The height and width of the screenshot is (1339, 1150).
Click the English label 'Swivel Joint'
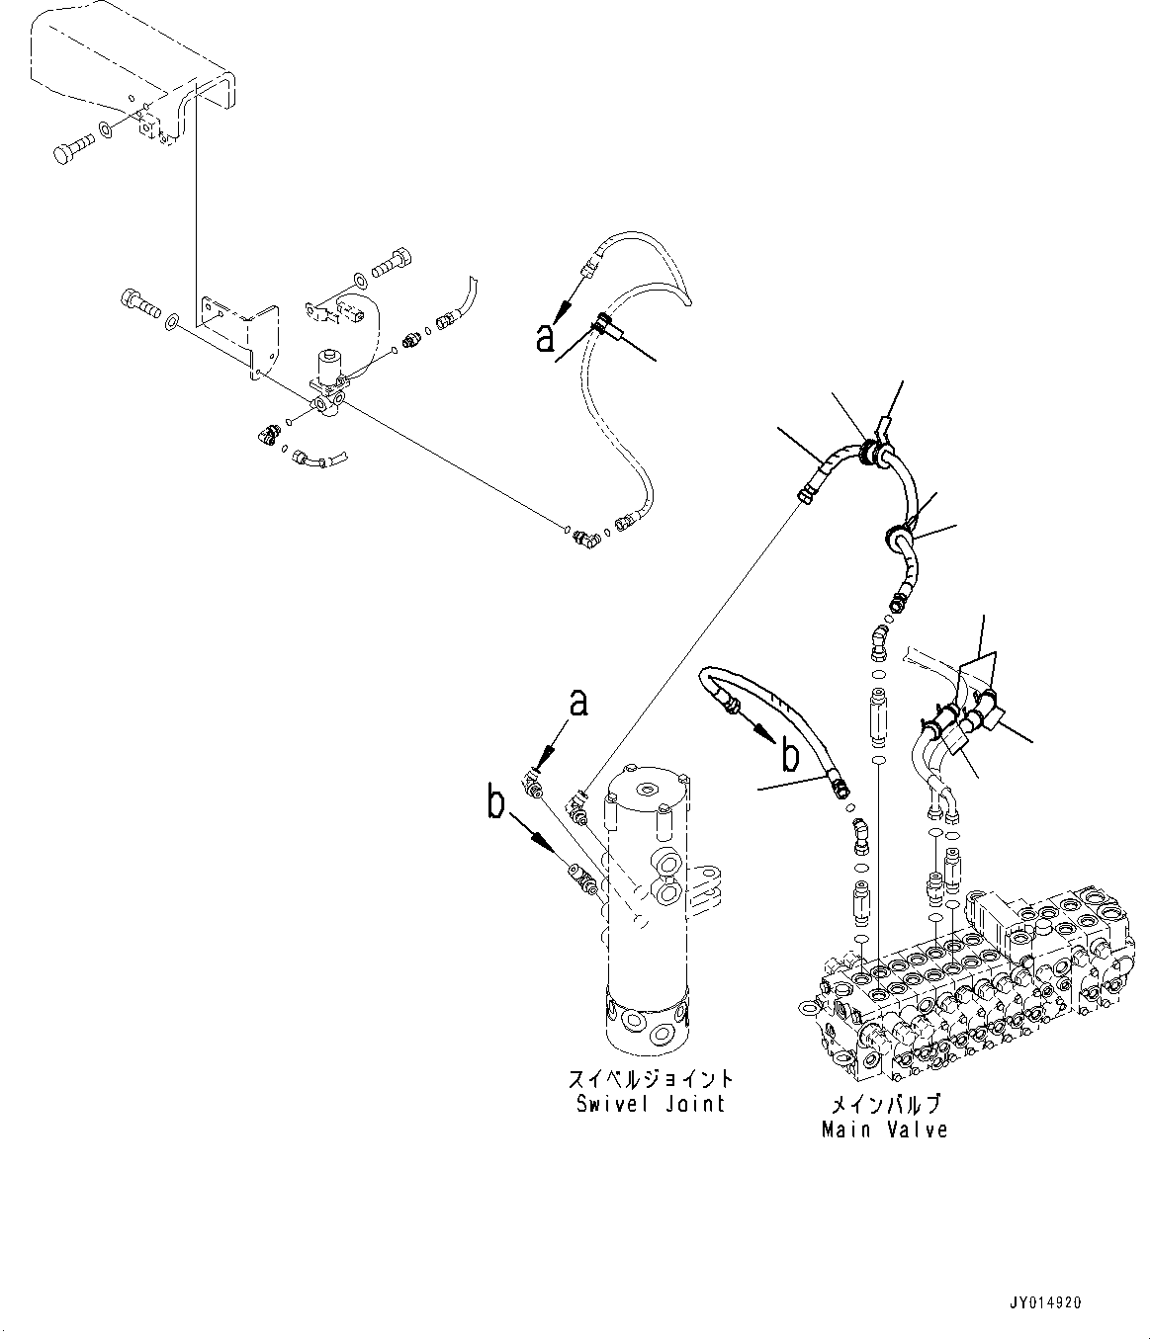click(651, 1104)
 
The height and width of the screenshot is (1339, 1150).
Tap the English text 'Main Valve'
click(884, 1129)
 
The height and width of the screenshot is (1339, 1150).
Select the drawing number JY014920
click(1046, 1303)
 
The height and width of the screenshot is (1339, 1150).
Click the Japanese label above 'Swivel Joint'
click(651, 1079)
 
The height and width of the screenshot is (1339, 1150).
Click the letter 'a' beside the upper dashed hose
click(546, 338)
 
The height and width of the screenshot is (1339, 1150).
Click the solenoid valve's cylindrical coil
click(327, 368)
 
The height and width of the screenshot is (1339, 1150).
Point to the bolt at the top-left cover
click(69, 151)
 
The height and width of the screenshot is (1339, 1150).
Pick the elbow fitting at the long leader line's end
click(587, 539)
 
